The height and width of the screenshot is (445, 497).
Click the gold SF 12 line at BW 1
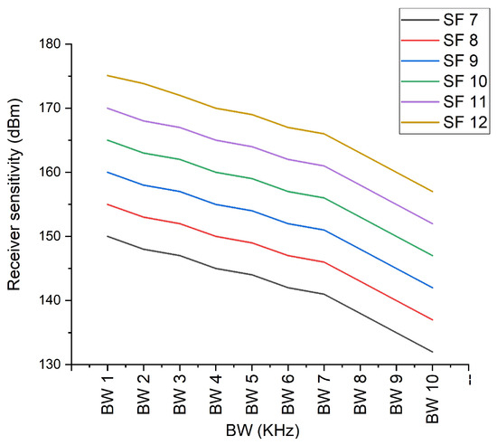[108, 75]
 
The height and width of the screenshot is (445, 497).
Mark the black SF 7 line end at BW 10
[433, 352]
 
